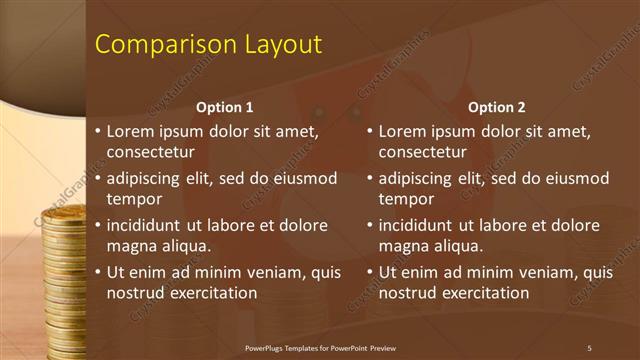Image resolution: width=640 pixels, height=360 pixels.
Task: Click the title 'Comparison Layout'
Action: pyautogui.click(x=208, y=45)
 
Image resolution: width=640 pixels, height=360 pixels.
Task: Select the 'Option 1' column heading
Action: pyautogui.click(x=225, y=107)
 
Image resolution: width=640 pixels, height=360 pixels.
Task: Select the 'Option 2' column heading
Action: pyautogui.click(x=497, y=107)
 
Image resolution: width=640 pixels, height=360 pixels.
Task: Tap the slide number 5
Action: pyautogui.click(x=589, y=347)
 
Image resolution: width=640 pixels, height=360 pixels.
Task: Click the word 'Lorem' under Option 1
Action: pyautogui.click(x=132, y=130)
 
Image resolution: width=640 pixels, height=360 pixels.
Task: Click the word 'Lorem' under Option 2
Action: pyautogui.click(x=404, y=130)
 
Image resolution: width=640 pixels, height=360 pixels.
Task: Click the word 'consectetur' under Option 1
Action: pyautogui.click(x=150, y=152)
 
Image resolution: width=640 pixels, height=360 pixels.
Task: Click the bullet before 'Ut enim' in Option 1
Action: pyautogui.click(x=97, y=272)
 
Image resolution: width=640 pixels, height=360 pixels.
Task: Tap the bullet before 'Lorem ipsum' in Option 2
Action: pyautogui.click(x=369, y=131)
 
